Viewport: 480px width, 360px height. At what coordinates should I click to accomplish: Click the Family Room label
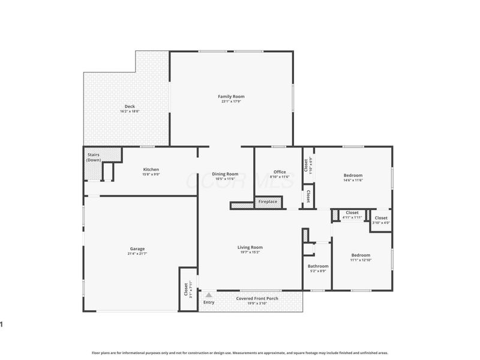231,96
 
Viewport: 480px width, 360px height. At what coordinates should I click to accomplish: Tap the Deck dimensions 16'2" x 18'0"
130,112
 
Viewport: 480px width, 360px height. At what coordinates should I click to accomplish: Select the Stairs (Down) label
94,157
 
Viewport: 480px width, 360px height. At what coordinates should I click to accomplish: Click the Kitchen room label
151,169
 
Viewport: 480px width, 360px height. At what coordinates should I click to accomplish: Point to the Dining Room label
226,174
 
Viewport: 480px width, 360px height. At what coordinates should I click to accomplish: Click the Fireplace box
268,202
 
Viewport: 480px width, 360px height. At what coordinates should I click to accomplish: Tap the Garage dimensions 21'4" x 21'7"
137,254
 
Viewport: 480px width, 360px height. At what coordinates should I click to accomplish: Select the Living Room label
250,247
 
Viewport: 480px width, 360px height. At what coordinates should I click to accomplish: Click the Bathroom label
318,266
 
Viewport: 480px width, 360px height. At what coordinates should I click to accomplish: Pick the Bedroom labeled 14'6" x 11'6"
353,175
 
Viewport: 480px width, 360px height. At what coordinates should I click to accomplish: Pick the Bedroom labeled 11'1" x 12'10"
361,255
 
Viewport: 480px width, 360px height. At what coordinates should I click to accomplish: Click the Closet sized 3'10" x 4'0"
381,218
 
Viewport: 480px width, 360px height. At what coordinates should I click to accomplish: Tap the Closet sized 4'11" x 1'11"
352,212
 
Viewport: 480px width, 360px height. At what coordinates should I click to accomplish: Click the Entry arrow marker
209,295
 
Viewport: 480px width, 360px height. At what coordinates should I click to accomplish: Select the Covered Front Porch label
257,298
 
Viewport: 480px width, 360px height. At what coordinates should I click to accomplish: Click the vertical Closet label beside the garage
185,290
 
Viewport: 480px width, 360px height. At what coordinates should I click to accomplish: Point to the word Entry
209,302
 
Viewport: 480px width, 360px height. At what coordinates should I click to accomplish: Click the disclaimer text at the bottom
240,353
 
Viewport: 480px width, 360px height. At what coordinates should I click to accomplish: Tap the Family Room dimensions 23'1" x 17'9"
231,101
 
